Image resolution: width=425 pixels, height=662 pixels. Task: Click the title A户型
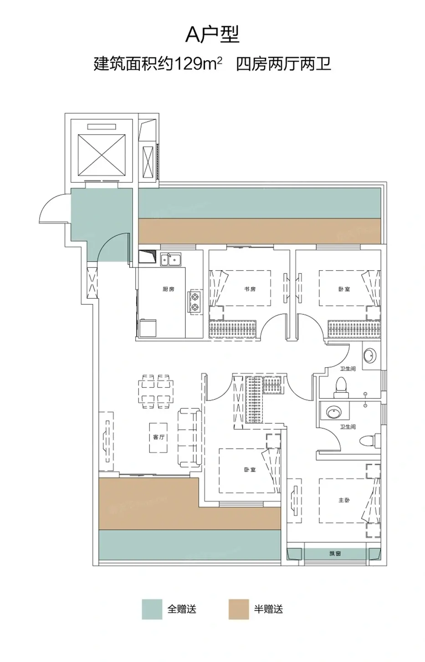tap(212, 35)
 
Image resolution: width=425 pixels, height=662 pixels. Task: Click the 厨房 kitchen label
tap(168, 289)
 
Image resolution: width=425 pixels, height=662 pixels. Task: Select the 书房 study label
tap(250, 289)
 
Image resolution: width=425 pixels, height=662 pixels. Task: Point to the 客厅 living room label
tap(159, 437)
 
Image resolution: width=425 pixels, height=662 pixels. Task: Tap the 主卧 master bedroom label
tap(344, 500)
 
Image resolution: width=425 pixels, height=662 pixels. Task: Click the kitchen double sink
tap(171, 260)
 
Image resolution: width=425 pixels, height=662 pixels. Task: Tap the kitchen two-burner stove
tap(195, 302)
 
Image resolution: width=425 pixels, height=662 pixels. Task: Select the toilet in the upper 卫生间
tap(341, 388)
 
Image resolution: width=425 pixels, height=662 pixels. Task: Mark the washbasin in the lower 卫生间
tap(334, 412)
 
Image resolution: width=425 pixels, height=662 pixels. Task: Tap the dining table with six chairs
tap(155, 391)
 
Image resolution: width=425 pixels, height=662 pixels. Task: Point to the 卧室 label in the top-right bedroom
tap(344, 289)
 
